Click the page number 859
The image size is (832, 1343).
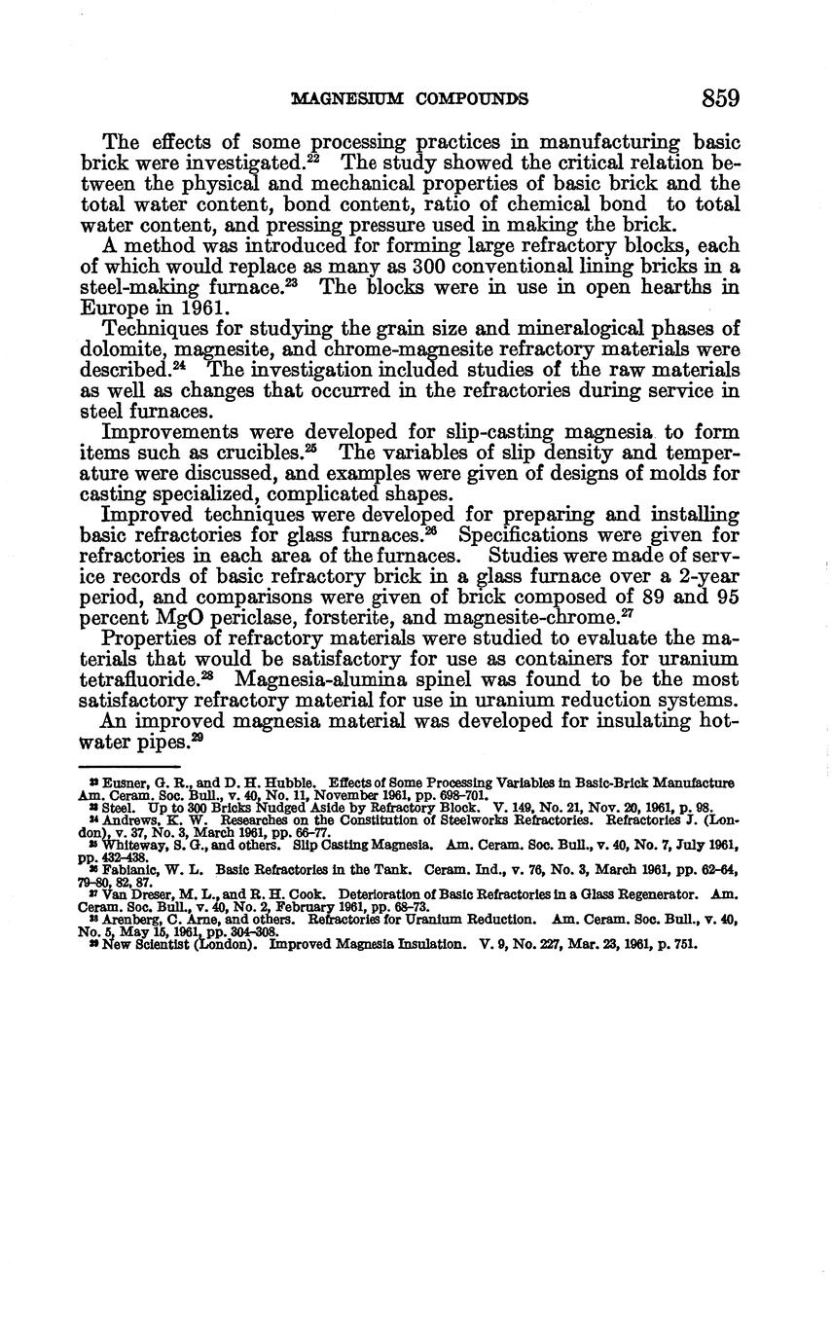pyautogui.click(x=719, y=98)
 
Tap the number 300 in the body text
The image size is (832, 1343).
pyautogui.click(x=429, y=267)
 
